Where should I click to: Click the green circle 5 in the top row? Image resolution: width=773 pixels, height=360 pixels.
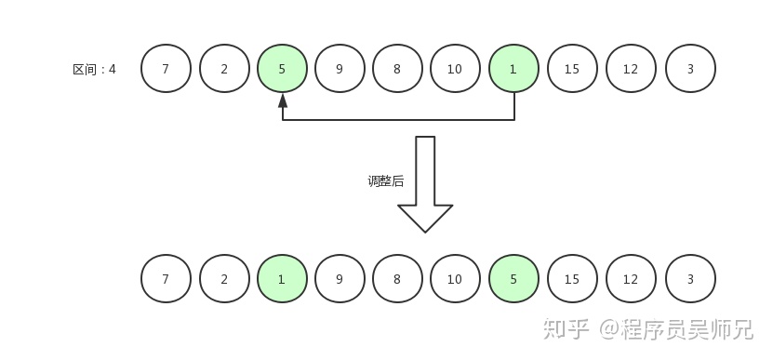coord(282,69)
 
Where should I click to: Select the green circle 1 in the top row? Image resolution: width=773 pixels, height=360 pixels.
coord(513,69)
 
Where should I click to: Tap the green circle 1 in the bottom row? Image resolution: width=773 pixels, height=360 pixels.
coord(282,278)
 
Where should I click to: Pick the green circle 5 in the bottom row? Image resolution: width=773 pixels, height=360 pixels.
coord(513,278)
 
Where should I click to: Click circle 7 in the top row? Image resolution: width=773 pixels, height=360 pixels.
coord(166,69)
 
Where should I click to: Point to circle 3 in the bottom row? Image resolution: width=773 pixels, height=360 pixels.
coord(690,278)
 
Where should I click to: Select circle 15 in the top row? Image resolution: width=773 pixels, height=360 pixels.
coord(572,69)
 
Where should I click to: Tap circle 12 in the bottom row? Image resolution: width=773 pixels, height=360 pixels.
coord(631,278)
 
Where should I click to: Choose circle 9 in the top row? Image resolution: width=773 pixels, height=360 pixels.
coord(340,69)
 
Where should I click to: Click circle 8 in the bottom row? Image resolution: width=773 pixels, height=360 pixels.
coord(398,278)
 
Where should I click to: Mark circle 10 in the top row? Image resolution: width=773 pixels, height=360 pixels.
coord(455,69)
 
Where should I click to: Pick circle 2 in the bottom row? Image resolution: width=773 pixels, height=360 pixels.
coord(224,278)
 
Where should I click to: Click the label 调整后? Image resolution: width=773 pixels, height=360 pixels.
coord(385,181)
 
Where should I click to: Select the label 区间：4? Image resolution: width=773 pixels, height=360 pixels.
coord(94,69)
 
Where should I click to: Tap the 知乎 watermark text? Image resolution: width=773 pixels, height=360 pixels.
coord(566,329)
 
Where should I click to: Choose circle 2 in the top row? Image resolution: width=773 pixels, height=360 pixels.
coord(224,69)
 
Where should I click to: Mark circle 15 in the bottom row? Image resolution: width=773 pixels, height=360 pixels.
coord(572,278)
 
